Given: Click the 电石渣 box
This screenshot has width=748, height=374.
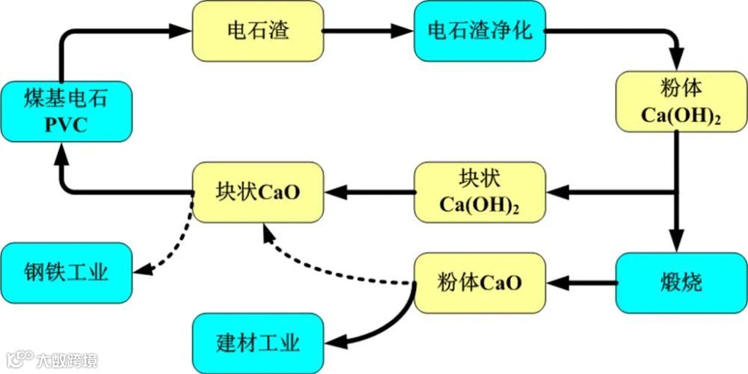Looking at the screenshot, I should pos(258,31).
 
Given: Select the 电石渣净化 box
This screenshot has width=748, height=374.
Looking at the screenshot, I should pos(479,31).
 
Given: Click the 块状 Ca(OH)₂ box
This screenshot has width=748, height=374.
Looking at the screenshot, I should pos(479,192).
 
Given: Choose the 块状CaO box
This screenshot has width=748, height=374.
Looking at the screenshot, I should pos(258,192).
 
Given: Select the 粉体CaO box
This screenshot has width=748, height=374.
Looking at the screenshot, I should pos(479,283).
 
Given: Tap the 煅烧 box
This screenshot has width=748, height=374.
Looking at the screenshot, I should pos(681,283).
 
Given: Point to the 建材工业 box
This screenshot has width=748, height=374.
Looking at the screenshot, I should pos(258,343).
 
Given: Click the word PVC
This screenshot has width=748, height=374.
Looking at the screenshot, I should pos(65,125).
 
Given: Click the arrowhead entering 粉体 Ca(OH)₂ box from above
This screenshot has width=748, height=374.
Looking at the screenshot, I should pos(678,60).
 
